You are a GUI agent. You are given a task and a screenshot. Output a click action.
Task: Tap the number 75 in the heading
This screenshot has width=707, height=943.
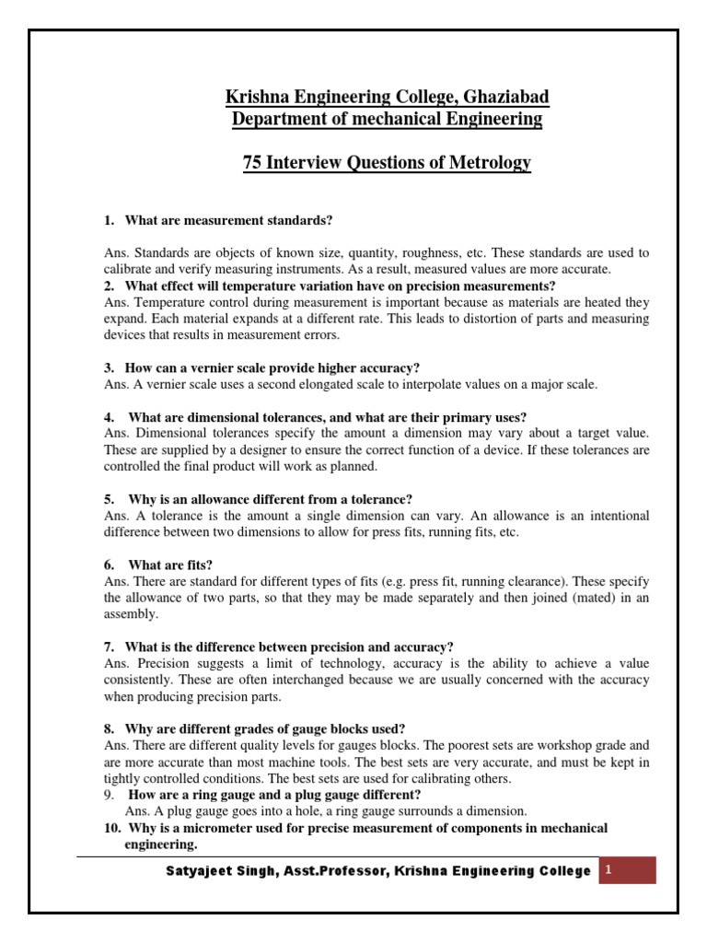(252, 163)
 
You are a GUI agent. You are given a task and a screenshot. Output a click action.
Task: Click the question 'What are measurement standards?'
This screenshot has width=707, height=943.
(227, 221)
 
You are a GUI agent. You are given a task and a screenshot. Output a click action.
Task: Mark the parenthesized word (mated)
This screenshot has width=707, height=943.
(568, 598)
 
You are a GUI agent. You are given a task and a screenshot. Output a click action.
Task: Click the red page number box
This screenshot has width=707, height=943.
(629, 870)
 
